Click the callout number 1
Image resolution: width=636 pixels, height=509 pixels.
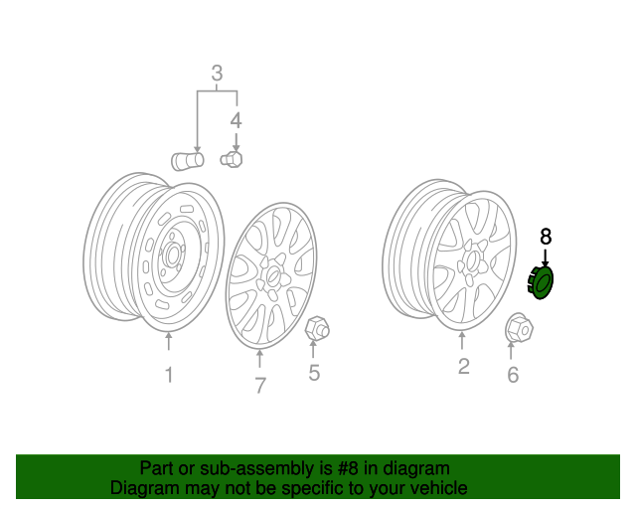(168, 375)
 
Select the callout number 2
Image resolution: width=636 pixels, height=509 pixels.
(463, 367)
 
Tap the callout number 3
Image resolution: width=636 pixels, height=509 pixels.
(216, 73)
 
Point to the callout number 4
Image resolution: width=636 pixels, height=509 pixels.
(236, 121)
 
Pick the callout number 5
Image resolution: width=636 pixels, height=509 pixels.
(313, 374)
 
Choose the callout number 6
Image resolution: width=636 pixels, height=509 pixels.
(513, 375)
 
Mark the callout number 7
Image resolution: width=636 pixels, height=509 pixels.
(260, 386)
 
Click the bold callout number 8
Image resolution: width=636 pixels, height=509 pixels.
(545, 236)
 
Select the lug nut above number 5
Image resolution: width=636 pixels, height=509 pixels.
(317, 327)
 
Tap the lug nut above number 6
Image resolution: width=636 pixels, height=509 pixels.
(518, 326)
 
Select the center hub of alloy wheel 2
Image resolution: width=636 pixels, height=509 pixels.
(472, 260)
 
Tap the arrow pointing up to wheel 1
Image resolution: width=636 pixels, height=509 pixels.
(168, 344)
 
